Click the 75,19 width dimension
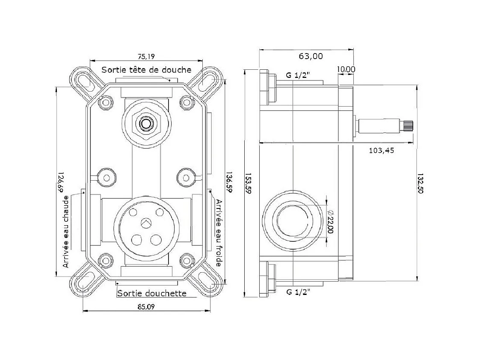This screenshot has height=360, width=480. pos(146,57)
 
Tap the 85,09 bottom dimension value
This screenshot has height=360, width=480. pos(146,306)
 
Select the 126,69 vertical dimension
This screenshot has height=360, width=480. pos(60,182)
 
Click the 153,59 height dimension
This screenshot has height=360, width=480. pos(248,184)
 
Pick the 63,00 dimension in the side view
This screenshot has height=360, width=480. pos(311,56)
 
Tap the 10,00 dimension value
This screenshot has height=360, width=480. pos(346,69)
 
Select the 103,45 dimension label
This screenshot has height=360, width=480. pos(382,150)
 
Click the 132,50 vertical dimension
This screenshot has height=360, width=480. pos(420,184)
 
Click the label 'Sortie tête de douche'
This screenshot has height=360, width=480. pos(146,70)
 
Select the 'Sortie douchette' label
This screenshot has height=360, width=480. pos(152,294)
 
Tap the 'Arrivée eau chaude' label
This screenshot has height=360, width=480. pos(66,232)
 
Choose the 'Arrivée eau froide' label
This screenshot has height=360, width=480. pos(219,233)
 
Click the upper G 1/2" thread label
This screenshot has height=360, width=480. pos(298,75)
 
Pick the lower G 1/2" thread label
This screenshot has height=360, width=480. pos(298,292)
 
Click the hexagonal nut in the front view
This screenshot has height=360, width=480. pos(146,124)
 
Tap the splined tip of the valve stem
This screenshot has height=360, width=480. pos(409,126)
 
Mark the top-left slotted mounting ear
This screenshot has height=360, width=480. pos(83,81)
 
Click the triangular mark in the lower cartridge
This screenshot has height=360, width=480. pos(146,223)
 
